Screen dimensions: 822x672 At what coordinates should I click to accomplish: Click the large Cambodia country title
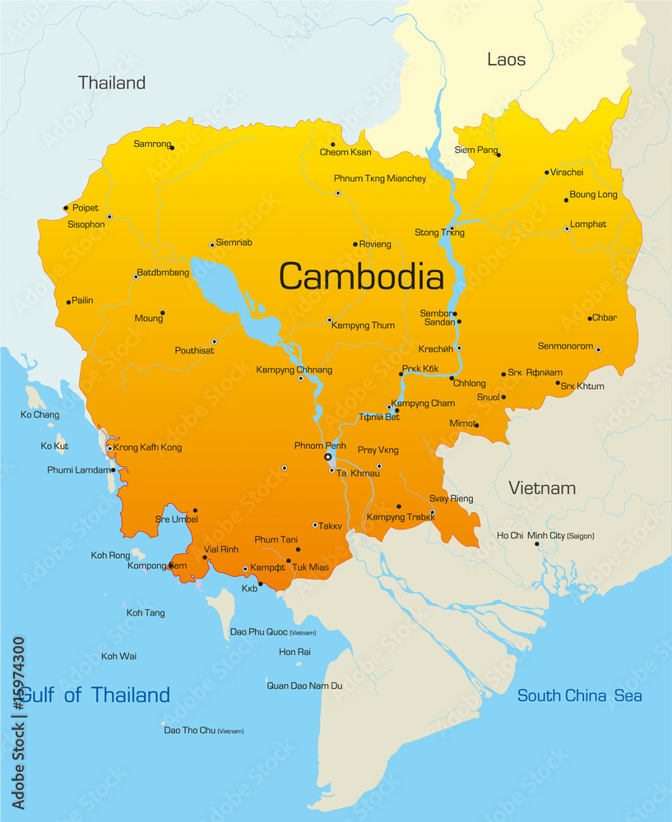coord(361,276)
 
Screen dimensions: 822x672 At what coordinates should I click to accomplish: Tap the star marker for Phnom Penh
coord(327,457)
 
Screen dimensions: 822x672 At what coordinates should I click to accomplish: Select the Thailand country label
coord(112,82)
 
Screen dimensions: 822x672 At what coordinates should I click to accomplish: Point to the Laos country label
coord(506,59)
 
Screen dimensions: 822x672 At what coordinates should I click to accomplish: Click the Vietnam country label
coord(541,487)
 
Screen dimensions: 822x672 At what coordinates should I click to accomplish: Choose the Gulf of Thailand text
coord(94,695)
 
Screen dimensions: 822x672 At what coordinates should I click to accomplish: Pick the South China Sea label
coord(579,695)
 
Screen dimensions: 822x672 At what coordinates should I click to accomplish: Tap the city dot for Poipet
coord(66,208)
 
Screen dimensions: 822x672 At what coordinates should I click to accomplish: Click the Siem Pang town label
coord(476,150)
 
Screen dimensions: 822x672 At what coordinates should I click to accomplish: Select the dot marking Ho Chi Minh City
coord(537,544)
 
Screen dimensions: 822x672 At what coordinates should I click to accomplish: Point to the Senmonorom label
coord(565,346)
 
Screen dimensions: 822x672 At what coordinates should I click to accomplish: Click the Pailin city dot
coord(68,302)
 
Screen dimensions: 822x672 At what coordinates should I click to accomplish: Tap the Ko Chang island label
coord(39,415)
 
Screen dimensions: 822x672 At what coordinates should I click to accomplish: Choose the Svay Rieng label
coord(452,499)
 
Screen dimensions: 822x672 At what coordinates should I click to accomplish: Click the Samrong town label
coord(152,144)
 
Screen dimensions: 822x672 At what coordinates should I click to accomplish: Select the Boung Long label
coord(593,195)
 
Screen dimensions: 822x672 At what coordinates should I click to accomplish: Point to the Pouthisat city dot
coord(215,341)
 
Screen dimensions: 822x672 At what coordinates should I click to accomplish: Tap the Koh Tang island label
coord(146,613)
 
